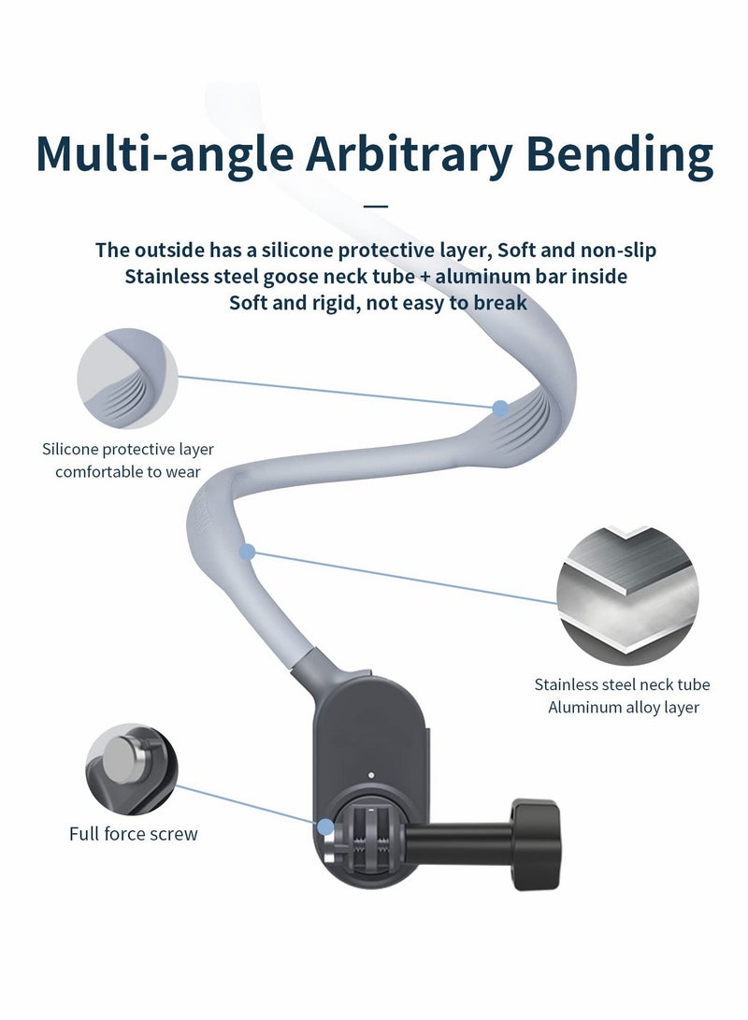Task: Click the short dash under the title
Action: (374, 205)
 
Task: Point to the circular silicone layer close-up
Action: (126, 378)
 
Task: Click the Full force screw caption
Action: (134, 833)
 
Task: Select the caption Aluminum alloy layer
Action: (623, 708)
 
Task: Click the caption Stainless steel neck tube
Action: (622, 685)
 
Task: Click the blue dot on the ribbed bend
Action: (500, 408)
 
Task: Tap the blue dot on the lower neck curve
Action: (247, 553)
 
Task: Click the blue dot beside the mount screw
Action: (324, 826)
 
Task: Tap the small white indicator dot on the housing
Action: (371, 774)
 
